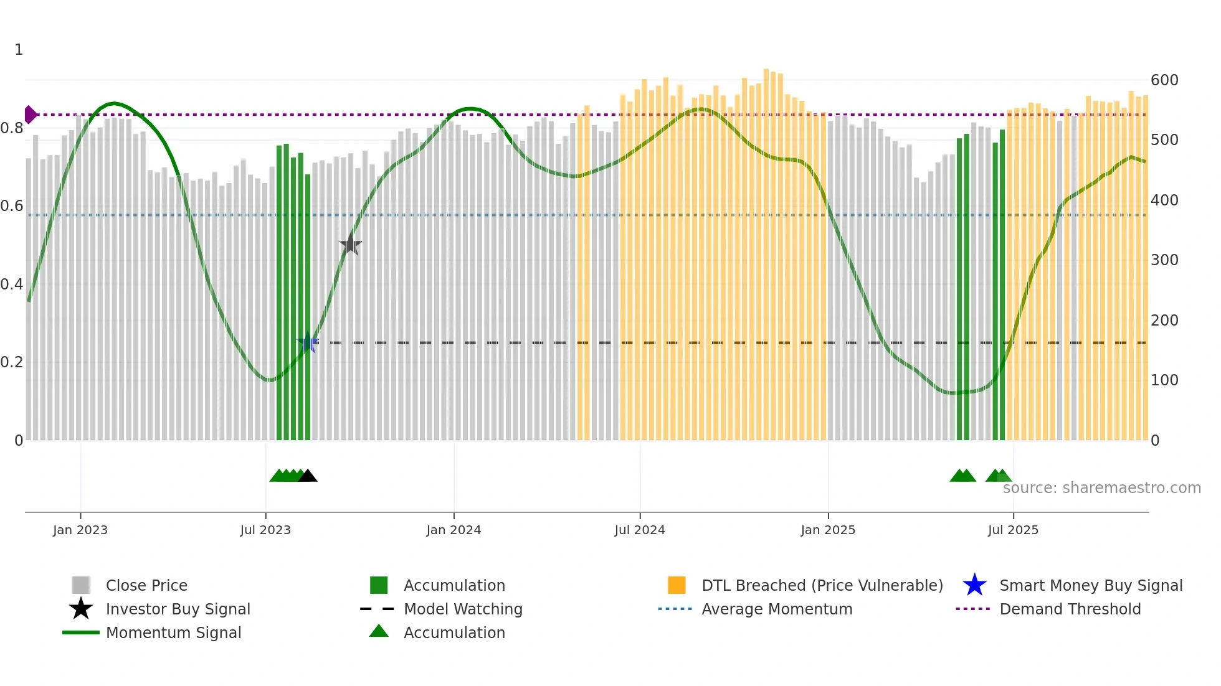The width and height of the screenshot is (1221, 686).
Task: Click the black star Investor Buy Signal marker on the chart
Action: click(x=351, y=245)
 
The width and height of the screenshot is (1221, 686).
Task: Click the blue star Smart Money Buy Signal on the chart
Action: click(x=308, y=342)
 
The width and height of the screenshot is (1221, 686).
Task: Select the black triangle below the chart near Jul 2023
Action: click(x=308, y=476)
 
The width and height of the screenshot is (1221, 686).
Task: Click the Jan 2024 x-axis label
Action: click(x=454, y=530)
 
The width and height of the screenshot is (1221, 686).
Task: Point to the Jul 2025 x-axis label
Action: click(x=1013, y=530)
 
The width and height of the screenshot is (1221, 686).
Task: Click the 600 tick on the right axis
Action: click(x=1164, y=80)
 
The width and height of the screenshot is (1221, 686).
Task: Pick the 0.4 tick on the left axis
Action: click(x=12, y=284)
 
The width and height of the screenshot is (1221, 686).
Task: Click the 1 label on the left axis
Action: click(x=19, y=50)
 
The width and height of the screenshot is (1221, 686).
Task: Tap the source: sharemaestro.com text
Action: click(x=1101, y=488)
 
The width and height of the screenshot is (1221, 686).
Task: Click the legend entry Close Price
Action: click(x=146, y=585)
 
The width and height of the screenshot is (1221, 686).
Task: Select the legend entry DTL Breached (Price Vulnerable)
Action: click(x=822, y=585)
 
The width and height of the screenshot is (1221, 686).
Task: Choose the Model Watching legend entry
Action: click(x=462, y=609)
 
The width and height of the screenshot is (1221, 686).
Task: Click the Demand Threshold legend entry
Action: click(x=1070, y=609)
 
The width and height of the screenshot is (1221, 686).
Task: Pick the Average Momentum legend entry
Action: click(x=776, y=609)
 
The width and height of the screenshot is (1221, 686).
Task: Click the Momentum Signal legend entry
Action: click(x=173, y=632)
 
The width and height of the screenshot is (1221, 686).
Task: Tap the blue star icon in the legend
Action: click(x=974, y=585)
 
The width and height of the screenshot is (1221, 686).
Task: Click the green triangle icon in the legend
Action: click(x=379, y=631)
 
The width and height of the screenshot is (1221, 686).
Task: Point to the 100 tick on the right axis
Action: click(x=1164, y=380)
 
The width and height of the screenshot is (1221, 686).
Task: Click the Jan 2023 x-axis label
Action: click(x=80, y=530)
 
